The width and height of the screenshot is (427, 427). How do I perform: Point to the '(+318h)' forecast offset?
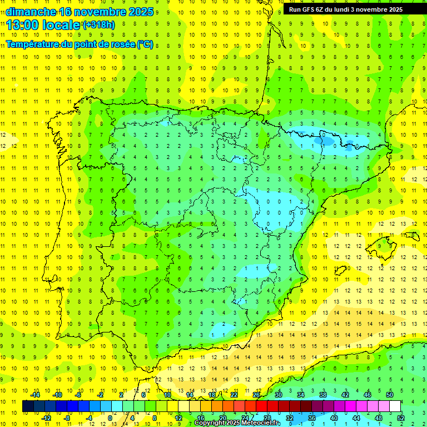pos(100,25)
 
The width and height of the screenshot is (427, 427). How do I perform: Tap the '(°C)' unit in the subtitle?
pos(145,44)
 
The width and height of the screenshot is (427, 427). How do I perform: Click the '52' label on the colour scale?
pos(401,418)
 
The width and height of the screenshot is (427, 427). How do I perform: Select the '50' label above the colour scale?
pos(390,395)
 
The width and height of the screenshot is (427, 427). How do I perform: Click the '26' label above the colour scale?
pos(256,395)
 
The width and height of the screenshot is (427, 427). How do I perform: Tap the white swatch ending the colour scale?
pos(395,406)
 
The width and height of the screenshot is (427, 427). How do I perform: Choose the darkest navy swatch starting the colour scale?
pos(28,406)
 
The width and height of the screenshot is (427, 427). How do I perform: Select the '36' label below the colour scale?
pos(311,418)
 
